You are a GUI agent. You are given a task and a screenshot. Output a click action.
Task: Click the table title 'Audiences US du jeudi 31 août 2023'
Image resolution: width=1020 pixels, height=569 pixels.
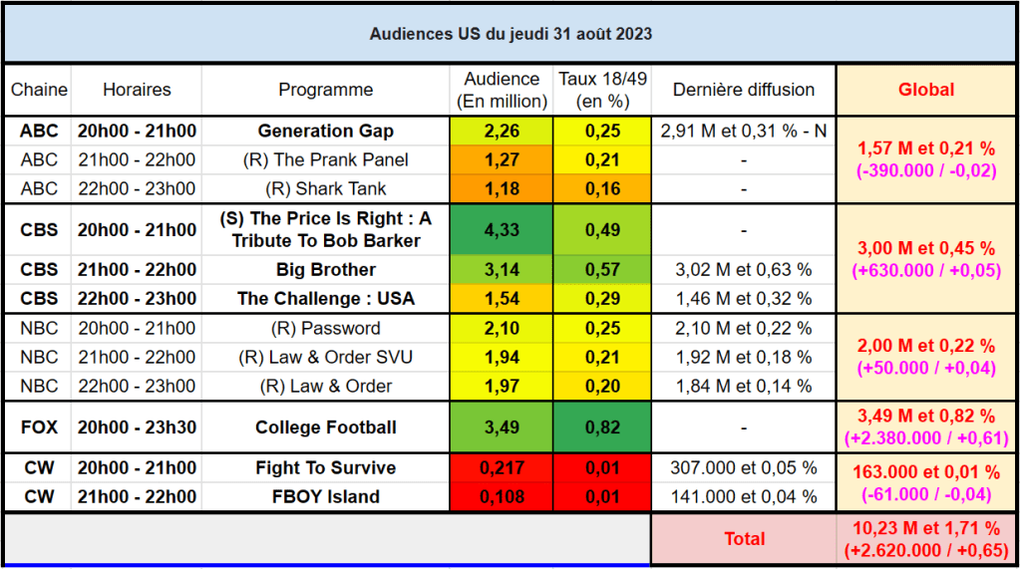[x=510, y=33]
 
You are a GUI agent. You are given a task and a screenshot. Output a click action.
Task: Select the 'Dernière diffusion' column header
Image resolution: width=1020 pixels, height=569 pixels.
[x=743, y=90]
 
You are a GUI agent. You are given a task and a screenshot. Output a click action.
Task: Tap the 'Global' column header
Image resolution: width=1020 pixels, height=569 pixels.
[x=925, y=90]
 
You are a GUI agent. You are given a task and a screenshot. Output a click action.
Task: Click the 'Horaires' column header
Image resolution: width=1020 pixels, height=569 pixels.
[x=137, y=90]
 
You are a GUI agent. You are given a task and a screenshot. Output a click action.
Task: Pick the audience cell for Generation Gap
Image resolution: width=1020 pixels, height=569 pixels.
[x=502, y=131]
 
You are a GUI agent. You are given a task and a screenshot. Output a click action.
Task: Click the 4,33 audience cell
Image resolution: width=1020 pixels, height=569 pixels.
[x=502, y=229]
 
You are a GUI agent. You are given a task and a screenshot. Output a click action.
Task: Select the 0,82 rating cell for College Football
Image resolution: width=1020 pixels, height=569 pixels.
[x=602, y=427]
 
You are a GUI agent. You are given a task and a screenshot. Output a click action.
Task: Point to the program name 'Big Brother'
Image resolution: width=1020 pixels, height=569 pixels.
[x=326, y=270]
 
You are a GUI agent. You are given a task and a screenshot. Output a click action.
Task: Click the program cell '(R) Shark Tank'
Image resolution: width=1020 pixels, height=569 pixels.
[x=326, y=188]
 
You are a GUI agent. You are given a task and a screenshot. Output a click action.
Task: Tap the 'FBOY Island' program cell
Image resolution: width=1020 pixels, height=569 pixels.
[x=326, y=497]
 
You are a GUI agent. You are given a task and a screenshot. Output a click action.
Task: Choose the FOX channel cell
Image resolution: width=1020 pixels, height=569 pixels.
[x=39, y=427]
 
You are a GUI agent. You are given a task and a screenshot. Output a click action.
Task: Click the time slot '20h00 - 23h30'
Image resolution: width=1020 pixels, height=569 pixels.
[x=137, y=427]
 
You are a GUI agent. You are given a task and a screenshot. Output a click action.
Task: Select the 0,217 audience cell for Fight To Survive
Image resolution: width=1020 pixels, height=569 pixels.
[x=502, y=468]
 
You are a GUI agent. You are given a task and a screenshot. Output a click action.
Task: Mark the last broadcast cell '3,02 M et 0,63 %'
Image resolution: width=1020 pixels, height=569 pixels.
[x=743, y=270]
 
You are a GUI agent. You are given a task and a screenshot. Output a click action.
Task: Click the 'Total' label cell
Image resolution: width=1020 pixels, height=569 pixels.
[x=743, y=539]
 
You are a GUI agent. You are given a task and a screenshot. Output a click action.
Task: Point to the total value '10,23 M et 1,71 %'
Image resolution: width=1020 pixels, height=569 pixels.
[x=925, y=528]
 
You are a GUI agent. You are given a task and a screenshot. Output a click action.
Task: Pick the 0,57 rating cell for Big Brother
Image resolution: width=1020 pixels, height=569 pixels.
[x=602, y=270]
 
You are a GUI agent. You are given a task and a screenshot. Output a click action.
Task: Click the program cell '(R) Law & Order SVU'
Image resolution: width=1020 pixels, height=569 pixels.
[x=326, y=358]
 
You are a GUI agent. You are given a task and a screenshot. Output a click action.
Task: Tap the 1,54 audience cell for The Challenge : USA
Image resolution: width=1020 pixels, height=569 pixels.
[x=502, y=299]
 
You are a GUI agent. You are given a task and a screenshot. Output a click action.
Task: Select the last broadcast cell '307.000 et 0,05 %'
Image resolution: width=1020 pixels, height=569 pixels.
[x=743, y=468]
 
